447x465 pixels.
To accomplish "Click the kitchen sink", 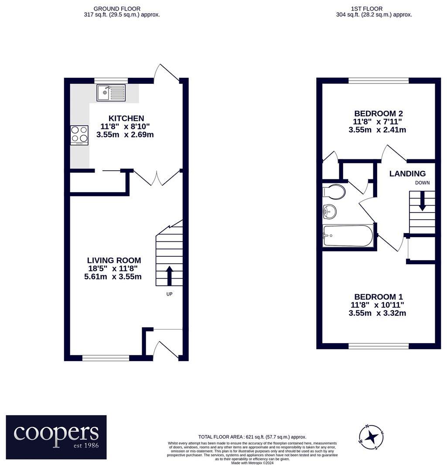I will coord(111,93).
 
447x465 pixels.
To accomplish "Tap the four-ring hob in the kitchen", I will coord(79,134).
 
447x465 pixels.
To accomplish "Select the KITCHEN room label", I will coord(126,118).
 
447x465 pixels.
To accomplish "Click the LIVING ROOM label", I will coord(113,261).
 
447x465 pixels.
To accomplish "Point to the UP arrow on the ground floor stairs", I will coord(169,275).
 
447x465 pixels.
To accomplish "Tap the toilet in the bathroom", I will coord(334,192).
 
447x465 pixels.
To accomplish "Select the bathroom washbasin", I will coord(330,212).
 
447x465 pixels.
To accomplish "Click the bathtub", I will coord(348,236).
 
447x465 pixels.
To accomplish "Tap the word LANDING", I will coord(407,174).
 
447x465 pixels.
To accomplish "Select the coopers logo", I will coord(56,437).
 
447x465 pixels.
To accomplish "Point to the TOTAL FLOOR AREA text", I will coord(252,437).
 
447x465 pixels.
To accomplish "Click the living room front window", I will coord(106,358).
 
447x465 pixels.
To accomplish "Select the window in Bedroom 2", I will coord(379,80).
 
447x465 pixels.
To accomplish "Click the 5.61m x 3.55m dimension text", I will coord(113,277).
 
